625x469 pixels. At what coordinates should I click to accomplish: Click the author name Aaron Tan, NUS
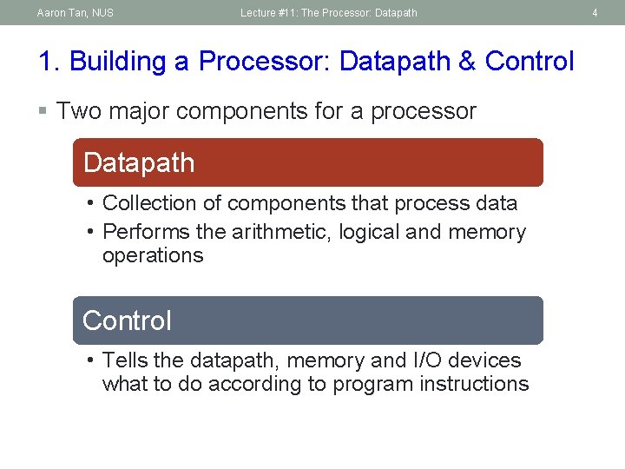pos(75,13)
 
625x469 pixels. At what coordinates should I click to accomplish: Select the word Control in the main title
pos(530,62)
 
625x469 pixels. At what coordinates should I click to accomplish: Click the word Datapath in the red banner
pos(139,162)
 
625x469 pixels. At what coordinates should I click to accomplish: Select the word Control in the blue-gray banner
pos(127,320)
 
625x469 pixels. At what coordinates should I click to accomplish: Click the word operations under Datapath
pos(153,255)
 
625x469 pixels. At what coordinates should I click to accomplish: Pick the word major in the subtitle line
pos(138,111)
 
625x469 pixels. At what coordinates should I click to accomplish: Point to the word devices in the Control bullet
pos(486,360)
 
